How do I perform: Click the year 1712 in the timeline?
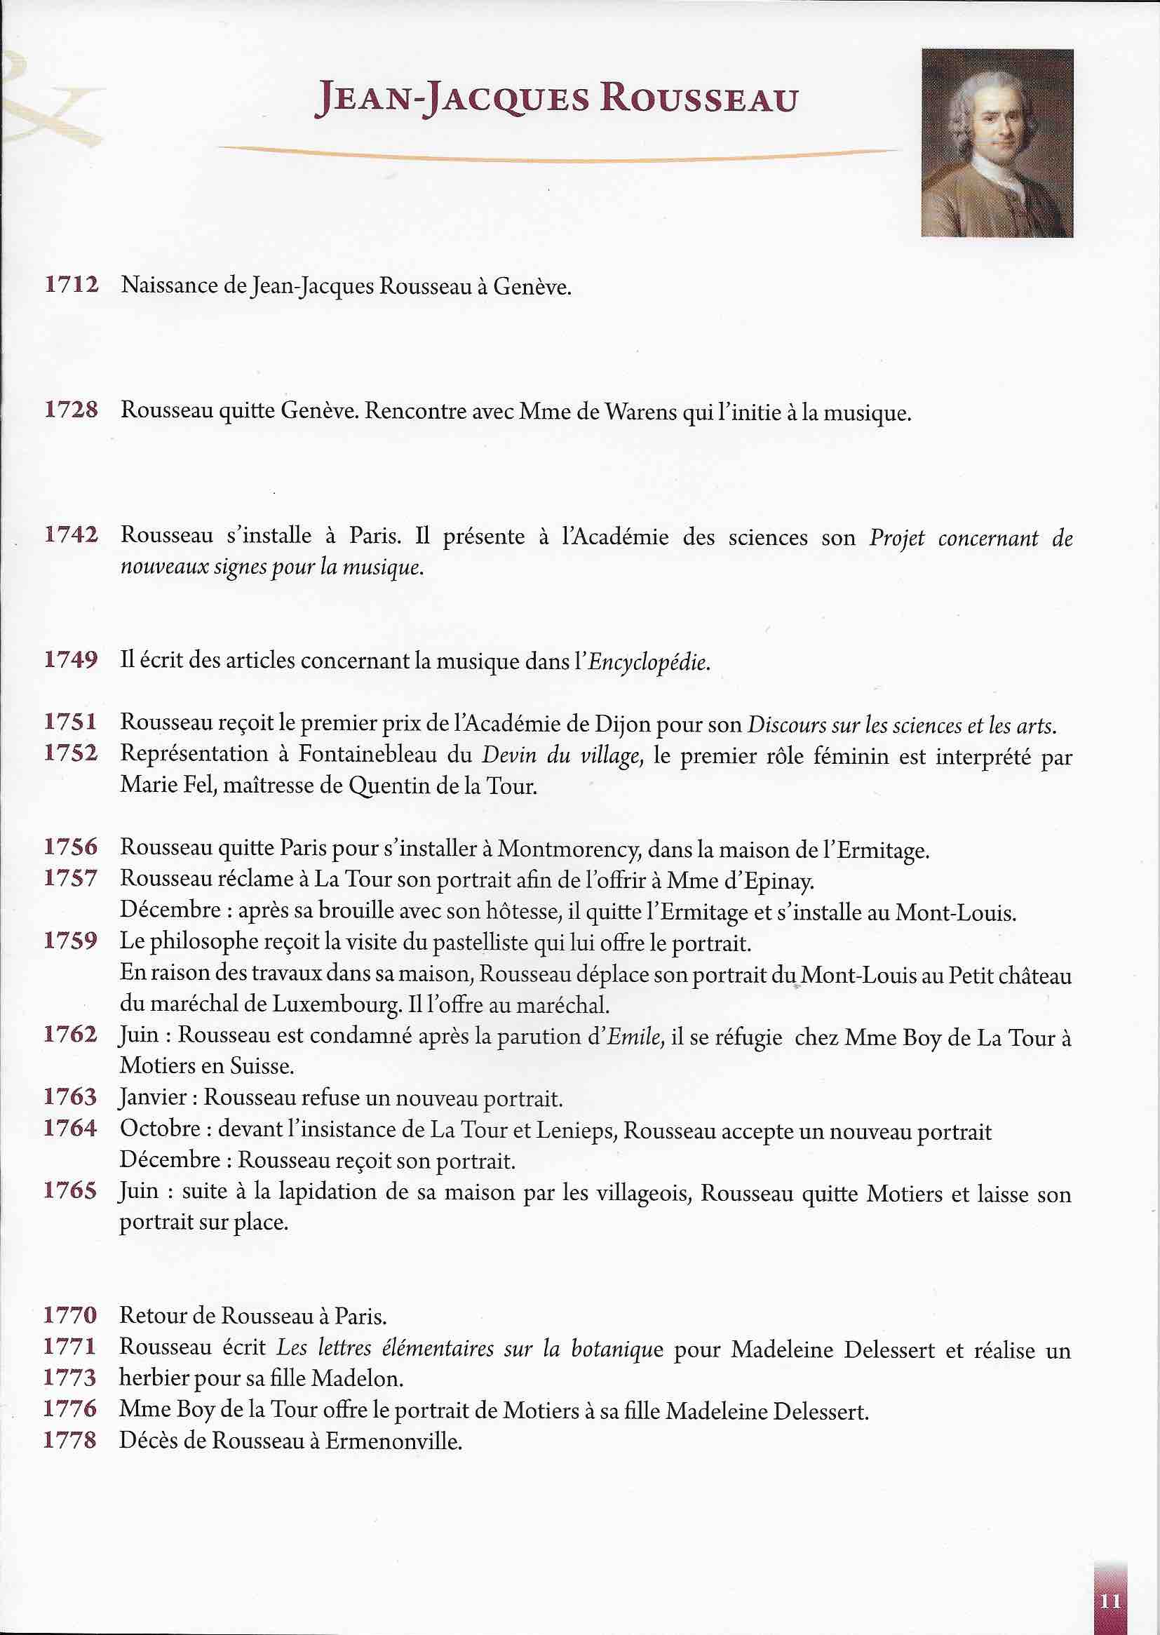[x=71, y=284]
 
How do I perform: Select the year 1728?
[x=71, y=410]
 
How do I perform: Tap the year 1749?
[x=71, y=659]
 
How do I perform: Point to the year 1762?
[x=71, y=1035]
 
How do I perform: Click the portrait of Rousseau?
[x=997, y=143]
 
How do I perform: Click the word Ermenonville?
[x=393, y=1441]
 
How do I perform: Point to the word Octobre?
[x=161, y=1129]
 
